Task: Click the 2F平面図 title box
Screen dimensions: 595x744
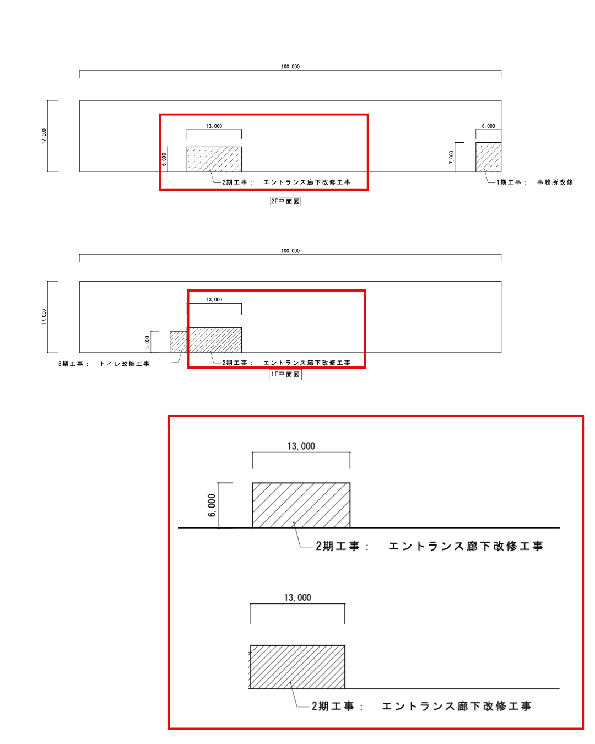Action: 285,201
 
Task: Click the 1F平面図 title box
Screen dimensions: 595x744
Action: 285,374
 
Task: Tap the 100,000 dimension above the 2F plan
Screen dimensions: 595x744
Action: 290,67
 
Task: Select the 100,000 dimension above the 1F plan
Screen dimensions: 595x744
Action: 290,251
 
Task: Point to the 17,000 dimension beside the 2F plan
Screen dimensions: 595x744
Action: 44,136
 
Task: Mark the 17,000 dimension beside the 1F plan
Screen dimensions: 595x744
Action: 44,317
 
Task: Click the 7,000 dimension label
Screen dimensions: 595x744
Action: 451,157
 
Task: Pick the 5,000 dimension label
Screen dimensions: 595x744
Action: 147,342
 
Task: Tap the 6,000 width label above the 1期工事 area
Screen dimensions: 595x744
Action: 488,126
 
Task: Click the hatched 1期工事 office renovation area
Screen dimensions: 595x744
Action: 488,157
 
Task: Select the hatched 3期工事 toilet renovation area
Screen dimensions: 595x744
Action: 178,342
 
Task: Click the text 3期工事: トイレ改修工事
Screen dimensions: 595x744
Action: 104,364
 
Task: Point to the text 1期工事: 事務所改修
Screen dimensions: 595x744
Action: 535,182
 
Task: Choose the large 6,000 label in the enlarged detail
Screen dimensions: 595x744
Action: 212,505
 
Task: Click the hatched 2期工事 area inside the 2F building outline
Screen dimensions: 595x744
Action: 214,159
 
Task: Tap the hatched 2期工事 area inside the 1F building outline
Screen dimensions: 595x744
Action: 214,340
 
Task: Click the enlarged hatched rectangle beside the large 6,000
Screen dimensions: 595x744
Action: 301,505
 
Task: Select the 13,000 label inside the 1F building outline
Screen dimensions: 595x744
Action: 214,300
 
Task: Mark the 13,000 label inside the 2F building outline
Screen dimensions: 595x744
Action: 214,126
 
